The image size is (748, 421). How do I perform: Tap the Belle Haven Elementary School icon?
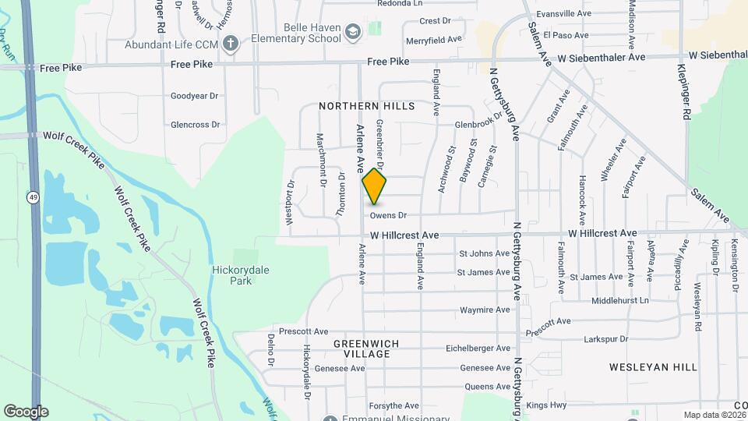353,32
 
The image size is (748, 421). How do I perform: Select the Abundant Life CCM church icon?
230,44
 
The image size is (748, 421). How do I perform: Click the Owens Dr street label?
389,215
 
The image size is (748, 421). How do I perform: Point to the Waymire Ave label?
485,310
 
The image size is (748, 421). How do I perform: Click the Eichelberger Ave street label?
478,348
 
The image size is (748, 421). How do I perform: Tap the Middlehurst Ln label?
620,300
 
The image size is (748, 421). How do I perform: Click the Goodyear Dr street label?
195,97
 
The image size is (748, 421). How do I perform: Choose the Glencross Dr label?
195,125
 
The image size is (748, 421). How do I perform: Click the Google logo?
26,412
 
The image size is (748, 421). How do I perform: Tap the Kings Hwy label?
545,405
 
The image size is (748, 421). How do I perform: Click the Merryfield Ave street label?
434,38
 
